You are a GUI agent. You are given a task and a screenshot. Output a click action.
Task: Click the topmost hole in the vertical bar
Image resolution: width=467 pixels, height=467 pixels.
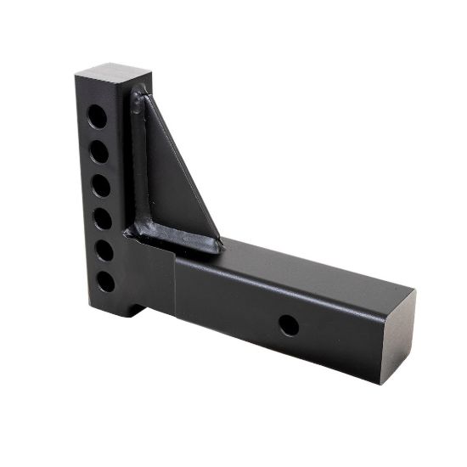[x=98, y=116]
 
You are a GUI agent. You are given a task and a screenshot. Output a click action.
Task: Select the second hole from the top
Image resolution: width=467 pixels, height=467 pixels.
[x=99, y=152]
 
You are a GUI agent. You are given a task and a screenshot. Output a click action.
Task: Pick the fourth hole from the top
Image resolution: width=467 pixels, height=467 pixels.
[x=102, y=219]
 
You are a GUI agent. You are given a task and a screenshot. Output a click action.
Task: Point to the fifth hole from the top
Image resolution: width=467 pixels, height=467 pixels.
[x=104, y=251]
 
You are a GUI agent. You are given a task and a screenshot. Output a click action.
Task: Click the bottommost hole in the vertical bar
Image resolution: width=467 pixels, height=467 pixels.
[x=105, y=282]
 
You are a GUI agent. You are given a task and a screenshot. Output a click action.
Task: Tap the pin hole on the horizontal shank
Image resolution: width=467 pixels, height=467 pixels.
[x=289, y=325]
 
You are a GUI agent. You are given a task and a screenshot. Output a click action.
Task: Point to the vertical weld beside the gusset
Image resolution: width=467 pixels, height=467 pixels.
[x=135, y=161]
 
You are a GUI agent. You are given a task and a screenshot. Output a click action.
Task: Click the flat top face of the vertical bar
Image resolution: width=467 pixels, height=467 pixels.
[x=114, y=71]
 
